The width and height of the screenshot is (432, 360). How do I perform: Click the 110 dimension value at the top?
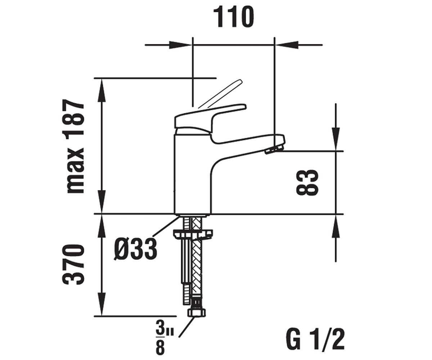tap(234, 17)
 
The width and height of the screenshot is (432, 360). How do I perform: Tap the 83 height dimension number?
tap(307, 182)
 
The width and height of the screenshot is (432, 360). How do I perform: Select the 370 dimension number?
tap(73, 264)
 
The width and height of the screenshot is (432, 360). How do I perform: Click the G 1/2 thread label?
tap(315, 340)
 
